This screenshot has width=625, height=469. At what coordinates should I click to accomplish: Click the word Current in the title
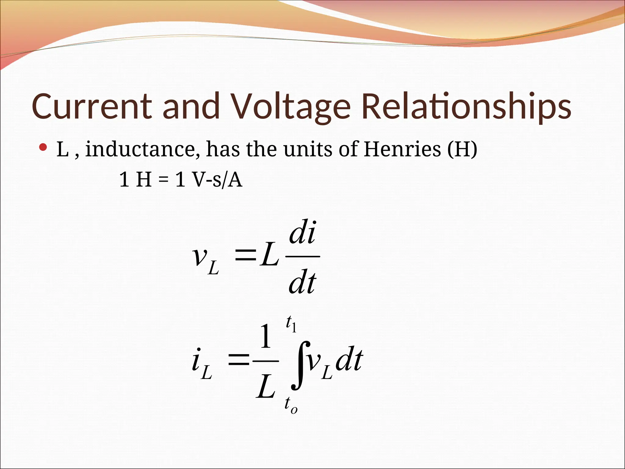(92, 106)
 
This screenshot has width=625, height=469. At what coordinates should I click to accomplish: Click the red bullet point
(43, 148)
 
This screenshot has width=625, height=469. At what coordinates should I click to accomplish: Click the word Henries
(402, 149)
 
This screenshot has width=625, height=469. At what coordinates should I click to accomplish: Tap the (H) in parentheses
(462, 149)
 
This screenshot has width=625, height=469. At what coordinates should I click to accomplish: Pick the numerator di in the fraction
(302, 233)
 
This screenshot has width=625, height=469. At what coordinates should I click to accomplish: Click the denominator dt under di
(302, 283)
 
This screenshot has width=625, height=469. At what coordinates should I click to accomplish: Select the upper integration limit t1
(291, 325)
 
